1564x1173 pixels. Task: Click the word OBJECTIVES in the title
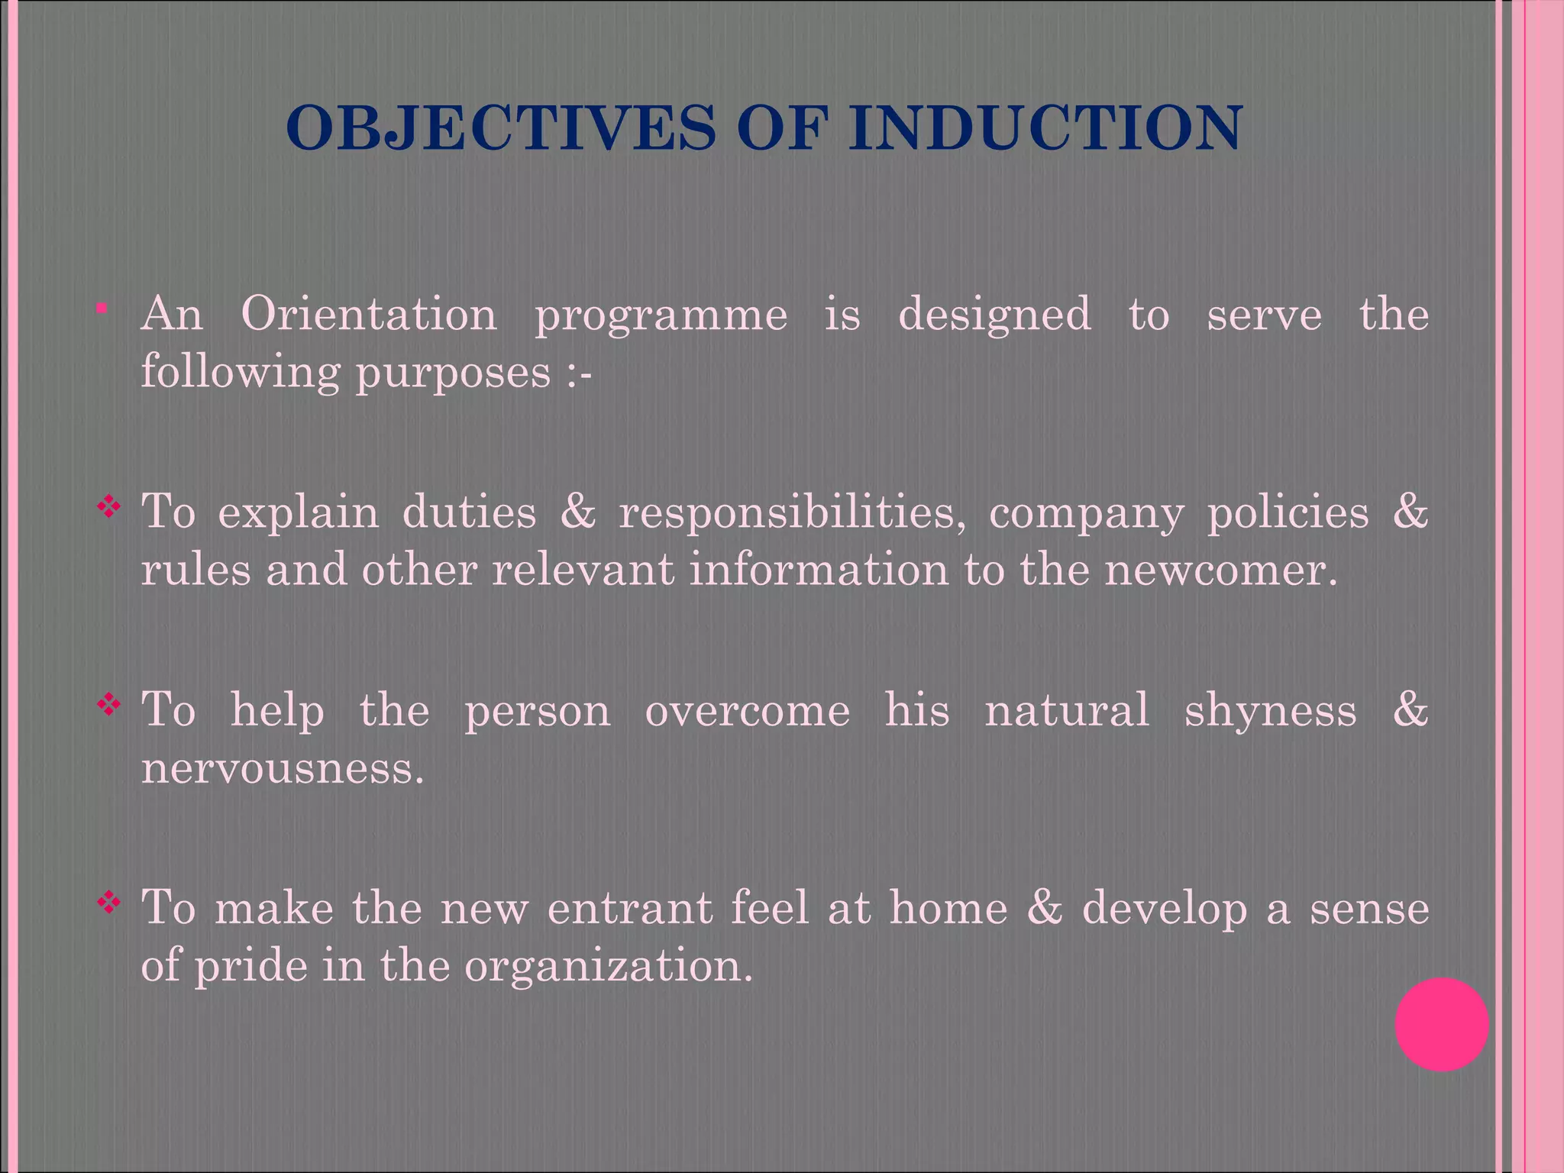[x=500, y=128]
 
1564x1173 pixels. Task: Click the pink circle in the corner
[x=1441, y=1024]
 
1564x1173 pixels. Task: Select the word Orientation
[x=368, y=314]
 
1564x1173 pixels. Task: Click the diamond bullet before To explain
[x=109, y=506]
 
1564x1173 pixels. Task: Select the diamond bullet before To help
[x=109, y=704]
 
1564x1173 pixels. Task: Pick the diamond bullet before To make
[x=109, y=903]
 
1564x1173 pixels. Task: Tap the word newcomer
[x=1220, y=570]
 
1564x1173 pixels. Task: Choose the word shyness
[x=1270, y=710]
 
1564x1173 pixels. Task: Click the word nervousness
[x=283, y=767]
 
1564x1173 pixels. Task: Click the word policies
[x=1288, y=512]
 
